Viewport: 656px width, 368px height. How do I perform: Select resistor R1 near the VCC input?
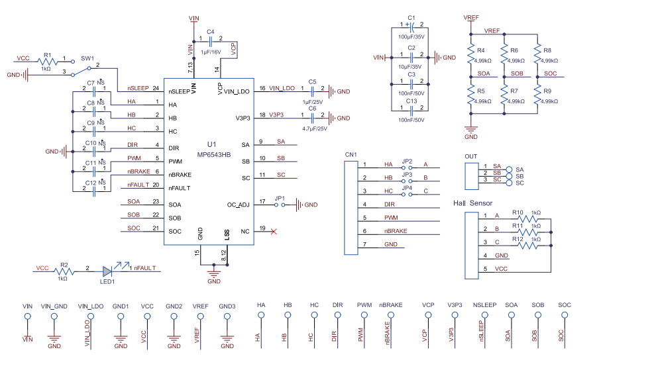tap(46, 59)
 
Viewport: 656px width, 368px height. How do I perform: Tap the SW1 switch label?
tap(87, 58)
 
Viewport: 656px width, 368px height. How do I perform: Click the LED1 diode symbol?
tap(108, 271)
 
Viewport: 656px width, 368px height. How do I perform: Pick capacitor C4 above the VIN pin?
tap(209, 40)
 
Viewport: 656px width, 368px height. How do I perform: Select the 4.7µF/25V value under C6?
tap(314, 128)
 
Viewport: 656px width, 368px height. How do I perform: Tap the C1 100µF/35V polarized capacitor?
tap(411, 26)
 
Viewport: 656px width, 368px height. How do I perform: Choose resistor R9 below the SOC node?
tap(537, 96)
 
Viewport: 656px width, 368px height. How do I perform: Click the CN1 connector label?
tap(351, 155)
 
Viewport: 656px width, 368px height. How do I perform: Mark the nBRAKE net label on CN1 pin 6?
tap(396, 231)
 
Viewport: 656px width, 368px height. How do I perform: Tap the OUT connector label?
tap(471, 156)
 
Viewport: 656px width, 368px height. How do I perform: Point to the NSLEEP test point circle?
tap(484, 316)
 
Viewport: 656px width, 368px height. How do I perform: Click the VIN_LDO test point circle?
tap(91, 316)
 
